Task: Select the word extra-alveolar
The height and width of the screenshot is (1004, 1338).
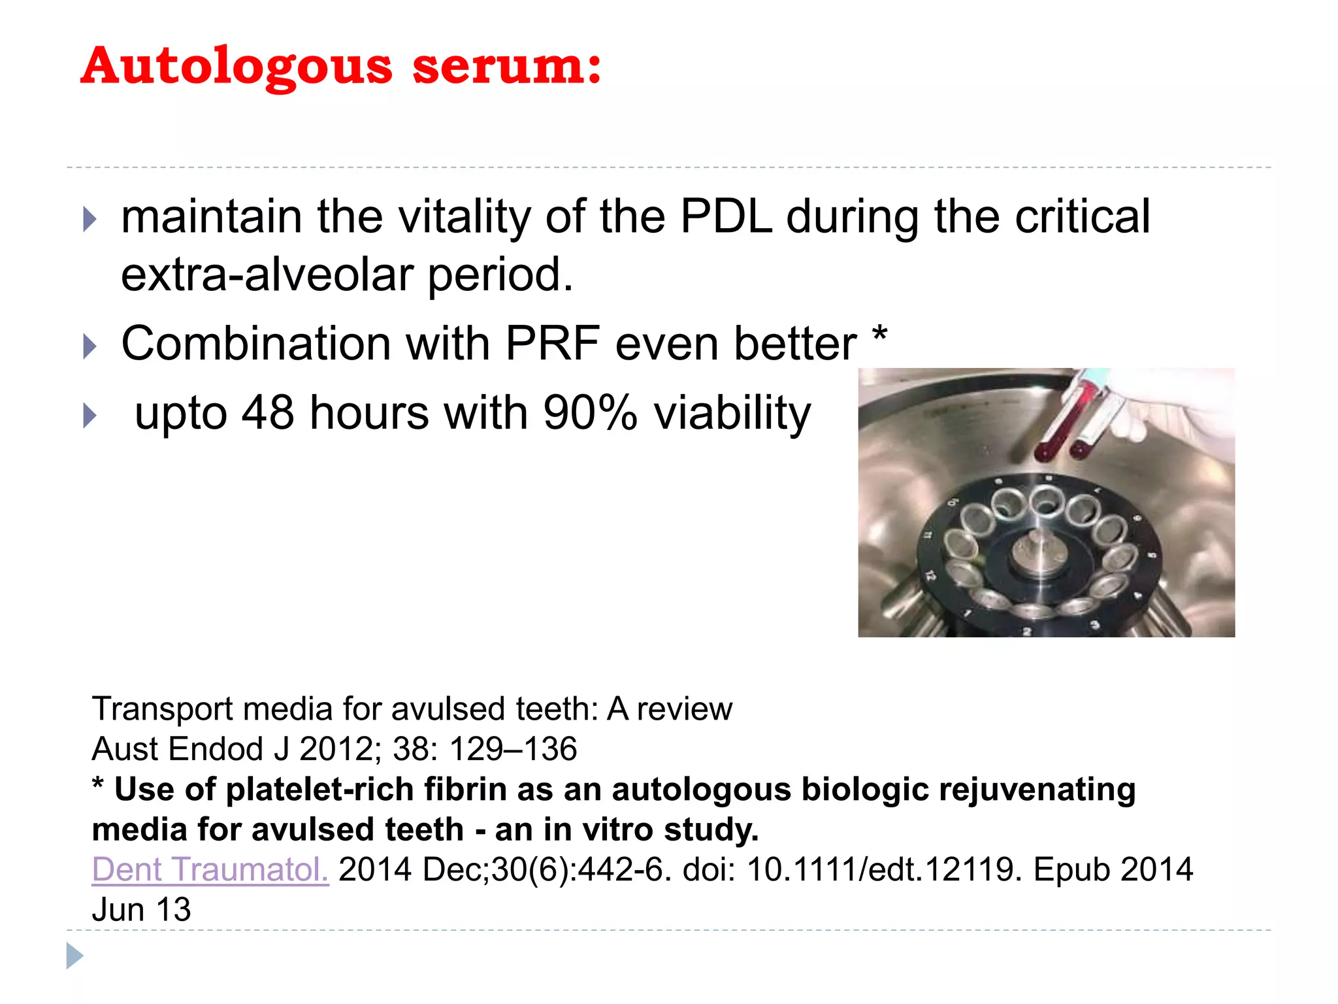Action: pyautogui.click(x=267, y=275)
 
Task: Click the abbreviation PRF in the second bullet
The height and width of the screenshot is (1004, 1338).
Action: pyautogui.click(x=552, y=344)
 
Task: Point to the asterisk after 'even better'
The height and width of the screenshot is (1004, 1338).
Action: pyautogui.click(x=879, y=335)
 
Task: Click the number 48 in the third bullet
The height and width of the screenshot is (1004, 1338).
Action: pyautogui.click(x=267, y=413)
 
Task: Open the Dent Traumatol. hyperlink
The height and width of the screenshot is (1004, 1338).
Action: pyautogui.click(x=210, y=870)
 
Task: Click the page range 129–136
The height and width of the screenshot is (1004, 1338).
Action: pyautogui.click(x=513, y=749)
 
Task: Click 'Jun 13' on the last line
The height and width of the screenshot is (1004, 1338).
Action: pyautogui.click(x=141, y=910)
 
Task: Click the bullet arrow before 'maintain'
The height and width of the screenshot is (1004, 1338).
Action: pyautogui.click(x=90, y=220)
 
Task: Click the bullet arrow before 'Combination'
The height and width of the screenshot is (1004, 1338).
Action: pyautogui.click(x=90, y=346)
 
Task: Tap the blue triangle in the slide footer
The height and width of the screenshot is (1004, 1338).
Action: pyautogui.click(x=74, y=956)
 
